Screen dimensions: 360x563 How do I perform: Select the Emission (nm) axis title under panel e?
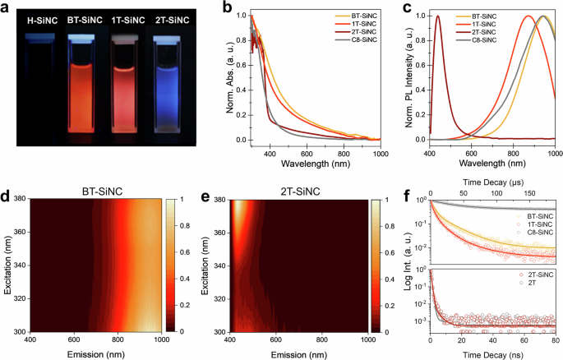[x=280, y=351]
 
